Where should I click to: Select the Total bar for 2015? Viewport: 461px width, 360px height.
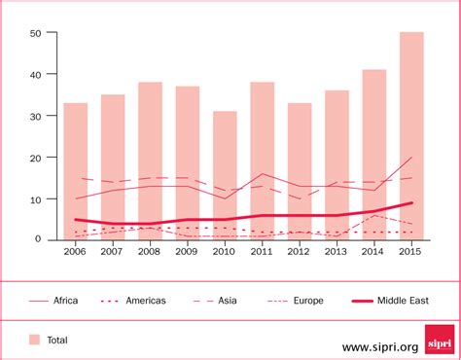tap(411, 135)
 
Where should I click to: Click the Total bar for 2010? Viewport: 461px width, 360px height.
tap(225, 175)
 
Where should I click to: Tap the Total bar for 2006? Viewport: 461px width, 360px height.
tap(75, 170)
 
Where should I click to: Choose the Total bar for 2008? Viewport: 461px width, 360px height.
tap(150, 161)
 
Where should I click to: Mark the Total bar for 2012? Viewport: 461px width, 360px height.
tap(300, 170)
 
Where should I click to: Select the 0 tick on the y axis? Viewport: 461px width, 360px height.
tap(38, 239)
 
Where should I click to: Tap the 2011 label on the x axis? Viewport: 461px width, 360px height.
tap(263, 252)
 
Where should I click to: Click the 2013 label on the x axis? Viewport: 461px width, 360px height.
tap(337, 252)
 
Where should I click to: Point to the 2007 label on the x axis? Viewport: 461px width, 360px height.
tap(113, 252)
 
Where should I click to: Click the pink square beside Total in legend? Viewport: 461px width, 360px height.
tap(35, 340)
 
